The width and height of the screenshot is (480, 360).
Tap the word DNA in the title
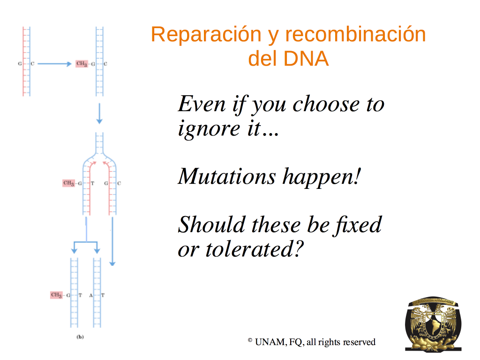click(306, 59)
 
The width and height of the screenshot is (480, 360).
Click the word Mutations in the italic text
click(227, 177)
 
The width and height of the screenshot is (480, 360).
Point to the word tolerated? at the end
click(255, 249)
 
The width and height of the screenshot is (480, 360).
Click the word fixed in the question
click(358, 225)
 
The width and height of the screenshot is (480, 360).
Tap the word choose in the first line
click(326, 104)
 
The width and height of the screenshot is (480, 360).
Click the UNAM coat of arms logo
click(433, 324)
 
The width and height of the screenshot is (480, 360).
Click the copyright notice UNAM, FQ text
click(279, 342)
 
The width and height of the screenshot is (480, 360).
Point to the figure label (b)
click(80, 337)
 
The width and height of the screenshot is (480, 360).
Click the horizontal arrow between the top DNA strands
click(54, 64)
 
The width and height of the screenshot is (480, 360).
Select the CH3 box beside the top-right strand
click(82, 64)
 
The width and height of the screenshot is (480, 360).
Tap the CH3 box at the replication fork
click(68, 183)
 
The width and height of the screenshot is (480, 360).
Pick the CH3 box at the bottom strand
click(56, 295)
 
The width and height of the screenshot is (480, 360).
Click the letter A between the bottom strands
click(91, 295)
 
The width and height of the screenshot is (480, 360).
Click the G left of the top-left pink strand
click(20, 64)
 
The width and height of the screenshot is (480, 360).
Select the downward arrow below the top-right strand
click(99, 113)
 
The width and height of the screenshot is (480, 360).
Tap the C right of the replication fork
click(119, 183)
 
